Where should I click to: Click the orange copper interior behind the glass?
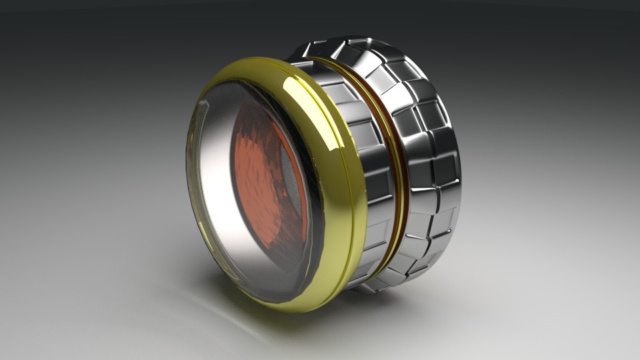tap(263, 180)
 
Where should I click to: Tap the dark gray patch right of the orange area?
tap(293, 167)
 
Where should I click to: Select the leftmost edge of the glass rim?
tap(188, 173)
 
